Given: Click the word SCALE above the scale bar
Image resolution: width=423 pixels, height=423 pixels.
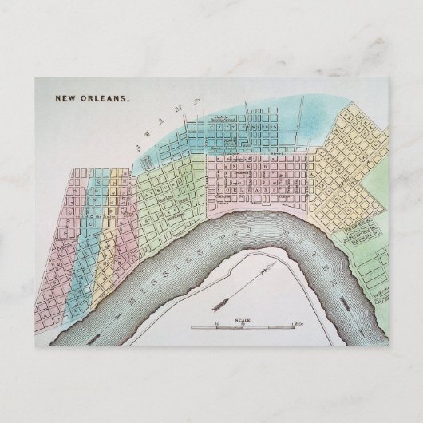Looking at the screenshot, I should (x=243, y=319).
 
